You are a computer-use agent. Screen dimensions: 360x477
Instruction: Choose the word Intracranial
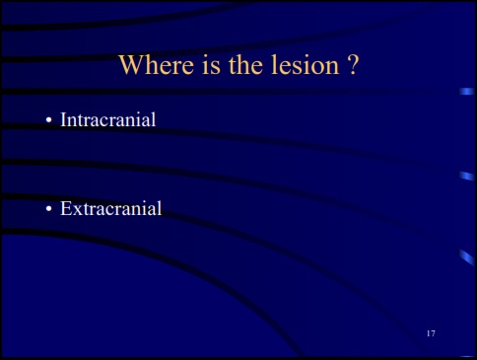tap(108, 120)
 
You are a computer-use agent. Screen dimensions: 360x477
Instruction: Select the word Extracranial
tap(110, 208)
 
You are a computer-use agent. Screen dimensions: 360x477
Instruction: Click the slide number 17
tap(431, 335)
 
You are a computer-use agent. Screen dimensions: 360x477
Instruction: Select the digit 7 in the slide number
tap(434, 335)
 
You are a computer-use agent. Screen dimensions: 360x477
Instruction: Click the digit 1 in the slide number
tap(428, 335)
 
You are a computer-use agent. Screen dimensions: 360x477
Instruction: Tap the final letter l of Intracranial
tap(155, 120)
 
